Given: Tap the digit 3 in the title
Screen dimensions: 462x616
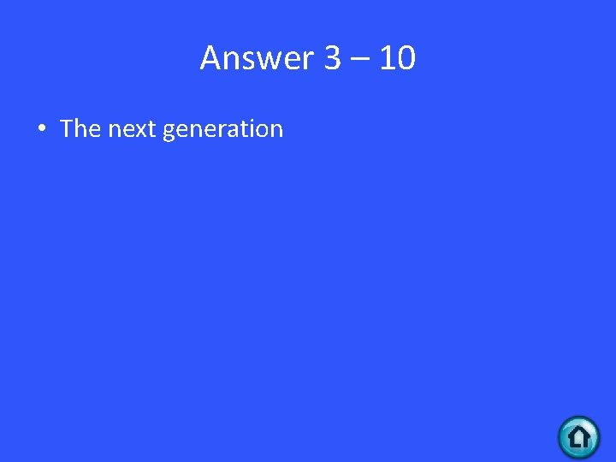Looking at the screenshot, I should click(x=333, y=58).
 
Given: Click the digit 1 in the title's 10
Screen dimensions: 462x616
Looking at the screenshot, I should click(x=386, y=58).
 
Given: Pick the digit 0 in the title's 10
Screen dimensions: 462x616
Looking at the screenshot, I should click(x=406, y=58).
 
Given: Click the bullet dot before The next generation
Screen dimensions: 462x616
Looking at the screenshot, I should click(x=41, y=129).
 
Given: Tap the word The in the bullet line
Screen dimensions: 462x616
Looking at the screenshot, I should click(x=80, y=128).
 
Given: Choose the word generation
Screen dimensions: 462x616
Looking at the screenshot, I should click(x=222, y=129).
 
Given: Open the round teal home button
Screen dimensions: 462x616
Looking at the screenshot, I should click(x=579, y=437).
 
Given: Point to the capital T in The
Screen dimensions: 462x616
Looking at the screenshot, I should click(x=68, y=128).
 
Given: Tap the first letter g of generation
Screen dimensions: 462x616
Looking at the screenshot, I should click(x=169, y=132).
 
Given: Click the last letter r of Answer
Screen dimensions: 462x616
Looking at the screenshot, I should click(x=310, y=61).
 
